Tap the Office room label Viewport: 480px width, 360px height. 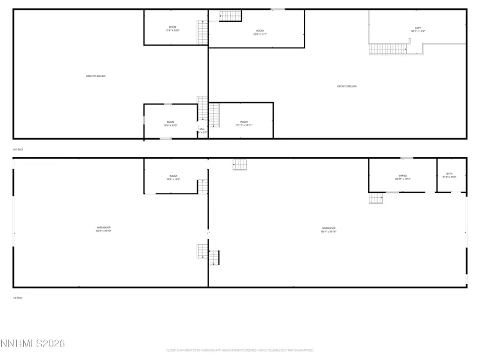402,177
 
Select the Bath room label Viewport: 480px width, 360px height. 449,175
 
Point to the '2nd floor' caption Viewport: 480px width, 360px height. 18,149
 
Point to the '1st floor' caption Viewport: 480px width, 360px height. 18,298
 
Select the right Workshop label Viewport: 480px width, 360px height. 329,229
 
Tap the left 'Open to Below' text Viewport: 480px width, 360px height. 95,76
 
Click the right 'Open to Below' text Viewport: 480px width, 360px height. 347,86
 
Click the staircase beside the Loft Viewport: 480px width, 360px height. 389,49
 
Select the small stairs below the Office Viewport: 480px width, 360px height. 376,198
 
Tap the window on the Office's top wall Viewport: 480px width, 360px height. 407,158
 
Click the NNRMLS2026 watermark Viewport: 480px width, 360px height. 33,344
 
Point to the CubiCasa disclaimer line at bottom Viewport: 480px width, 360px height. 240,350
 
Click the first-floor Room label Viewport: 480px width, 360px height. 173,177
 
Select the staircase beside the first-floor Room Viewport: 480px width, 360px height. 202,186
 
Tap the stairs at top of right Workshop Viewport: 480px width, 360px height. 240,165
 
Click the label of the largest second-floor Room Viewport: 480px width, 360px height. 260,32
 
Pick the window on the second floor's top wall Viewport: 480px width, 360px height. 278,9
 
